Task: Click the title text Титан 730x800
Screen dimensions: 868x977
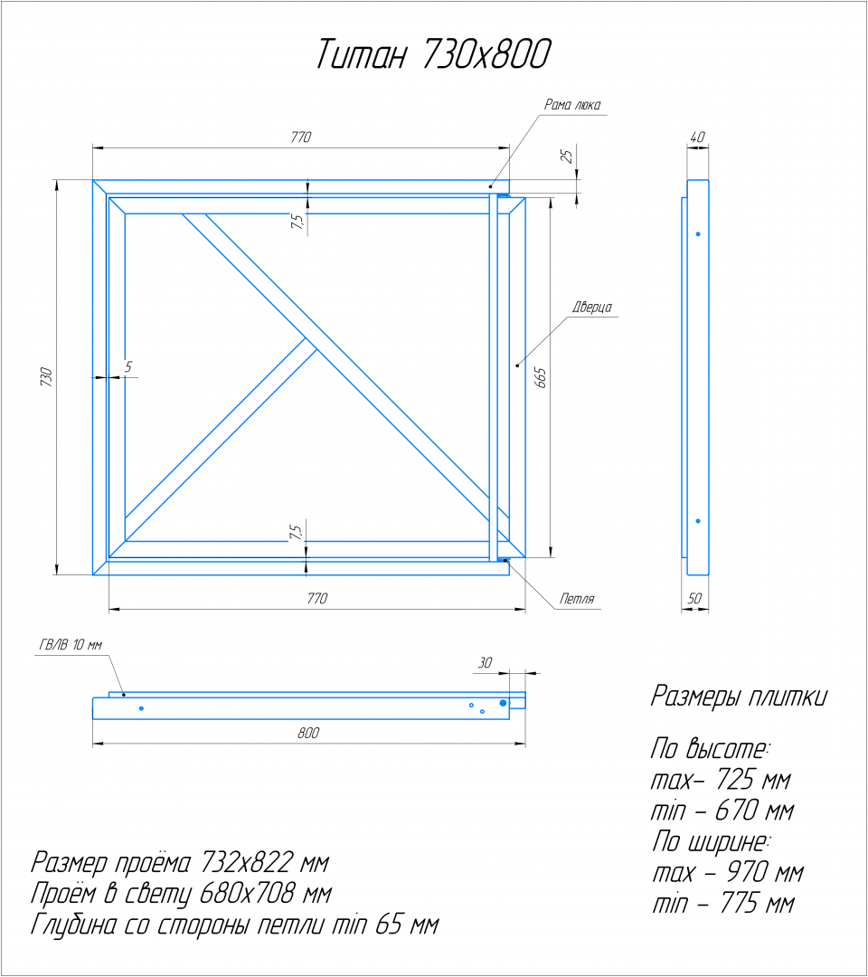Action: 434,53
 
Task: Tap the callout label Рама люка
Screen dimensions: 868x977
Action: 572,105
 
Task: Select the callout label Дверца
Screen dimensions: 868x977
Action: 591,308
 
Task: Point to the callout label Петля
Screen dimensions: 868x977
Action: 577,599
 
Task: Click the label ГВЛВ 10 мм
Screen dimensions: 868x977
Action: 71,645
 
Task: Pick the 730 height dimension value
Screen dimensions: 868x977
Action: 46,377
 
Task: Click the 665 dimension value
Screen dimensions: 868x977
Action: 541,377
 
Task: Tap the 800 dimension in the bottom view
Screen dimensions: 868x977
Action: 308,733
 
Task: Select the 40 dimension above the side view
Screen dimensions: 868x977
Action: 697,137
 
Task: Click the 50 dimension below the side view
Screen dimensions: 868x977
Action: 694,598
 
